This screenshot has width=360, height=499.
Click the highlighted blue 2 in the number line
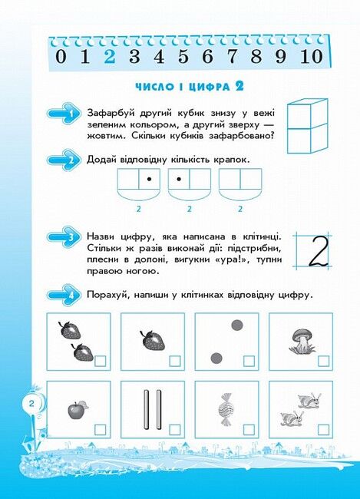pos(109,57)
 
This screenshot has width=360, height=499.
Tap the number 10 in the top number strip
pos(312,57)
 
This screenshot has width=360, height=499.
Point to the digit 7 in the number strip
pos(232,57)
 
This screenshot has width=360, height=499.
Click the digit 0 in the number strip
pos(61,57)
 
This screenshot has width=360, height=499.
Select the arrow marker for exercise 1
pos(64,113)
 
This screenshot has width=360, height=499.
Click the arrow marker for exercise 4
pos(64,295)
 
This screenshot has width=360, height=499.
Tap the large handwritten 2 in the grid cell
pos(319,251)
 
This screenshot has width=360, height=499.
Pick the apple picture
pos(78,410)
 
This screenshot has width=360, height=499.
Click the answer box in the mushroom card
pos(323,362)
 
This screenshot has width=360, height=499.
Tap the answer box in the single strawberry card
pos(175,362)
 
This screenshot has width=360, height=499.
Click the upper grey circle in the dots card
pos(237,326)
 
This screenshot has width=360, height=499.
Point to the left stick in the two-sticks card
pos(146,409)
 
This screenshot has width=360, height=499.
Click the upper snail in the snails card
pos(309,400)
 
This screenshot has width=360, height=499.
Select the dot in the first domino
pos(149,179)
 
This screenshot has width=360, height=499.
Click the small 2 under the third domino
pos(240,209)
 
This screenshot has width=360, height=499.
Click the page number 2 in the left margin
pos(31,404)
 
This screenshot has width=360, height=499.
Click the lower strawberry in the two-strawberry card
pos(83,352)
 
